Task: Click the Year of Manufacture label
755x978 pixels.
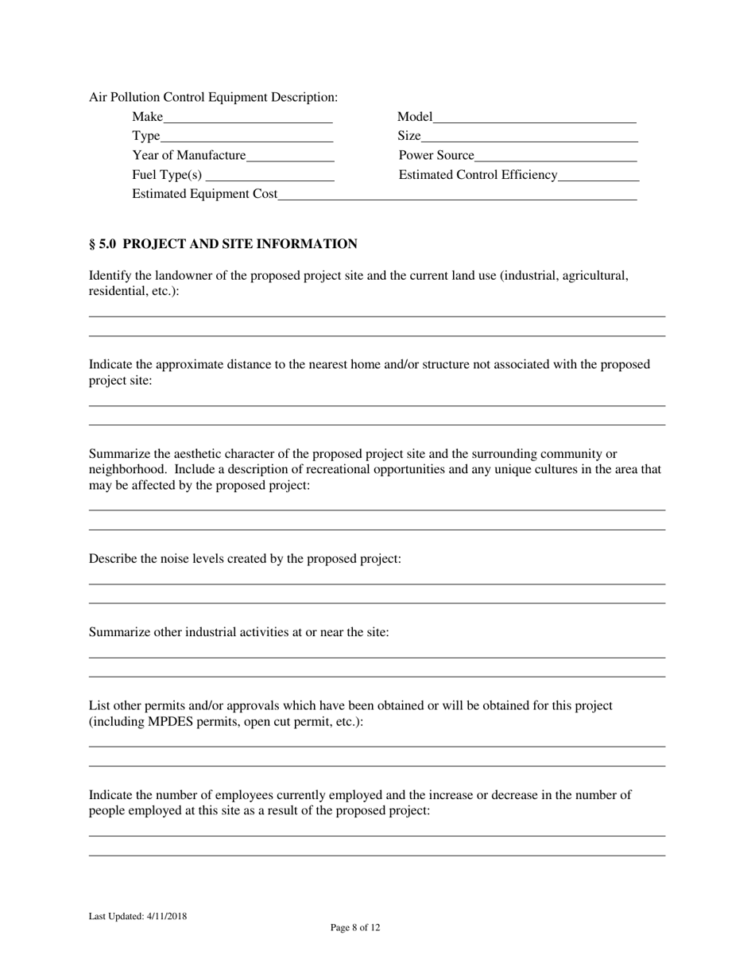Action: pos(189,155)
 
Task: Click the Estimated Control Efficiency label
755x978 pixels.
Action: pos(478,175)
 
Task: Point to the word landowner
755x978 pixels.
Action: pos(182,276)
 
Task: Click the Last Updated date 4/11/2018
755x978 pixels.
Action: pos(167,917)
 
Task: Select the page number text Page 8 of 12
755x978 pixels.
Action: pos(355,927)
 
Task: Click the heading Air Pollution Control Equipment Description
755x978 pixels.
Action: pos(213,97)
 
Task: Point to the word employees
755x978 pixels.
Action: pos(259,794)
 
